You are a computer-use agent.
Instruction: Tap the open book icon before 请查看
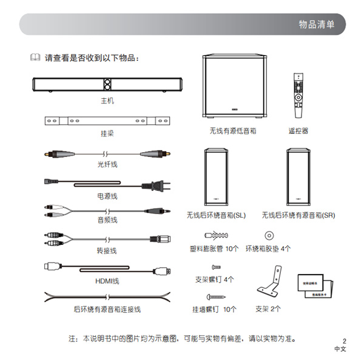(35, 58)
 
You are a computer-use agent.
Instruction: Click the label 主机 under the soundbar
(107, 99)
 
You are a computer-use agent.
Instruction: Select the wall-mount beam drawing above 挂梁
(107, 121)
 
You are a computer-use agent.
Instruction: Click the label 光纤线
(107, 164)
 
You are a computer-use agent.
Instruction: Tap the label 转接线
(107, 250)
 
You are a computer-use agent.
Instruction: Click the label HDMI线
(107, 281)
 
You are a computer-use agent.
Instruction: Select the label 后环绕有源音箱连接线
(107, 309)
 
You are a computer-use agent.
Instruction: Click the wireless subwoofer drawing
(234, 87)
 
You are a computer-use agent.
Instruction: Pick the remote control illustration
(298, 95)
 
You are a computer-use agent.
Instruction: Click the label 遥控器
(298, 130)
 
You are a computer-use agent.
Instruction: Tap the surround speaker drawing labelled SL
(216, 178)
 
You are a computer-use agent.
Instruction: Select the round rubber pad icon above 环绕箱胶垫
(268, 236)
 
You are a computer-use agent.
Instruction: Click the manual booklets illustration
(315, 287)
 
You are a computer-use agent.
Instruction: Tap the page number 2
(343, 341)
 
